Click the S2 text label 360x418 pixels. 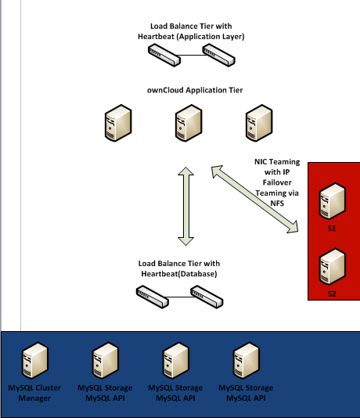point(332,294)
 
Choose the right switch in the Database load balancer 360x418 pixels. point(206,295)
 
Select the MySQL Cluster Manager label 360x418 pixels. point(34,393)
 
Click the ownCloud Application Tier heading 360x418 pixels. point(194,90)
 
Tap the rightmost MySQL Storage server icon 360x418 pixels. point(246,362)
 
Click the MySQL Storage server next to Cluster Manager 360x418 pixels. point(105,362)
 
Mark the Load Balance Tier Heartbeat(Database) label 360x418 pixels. point(178,268)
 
